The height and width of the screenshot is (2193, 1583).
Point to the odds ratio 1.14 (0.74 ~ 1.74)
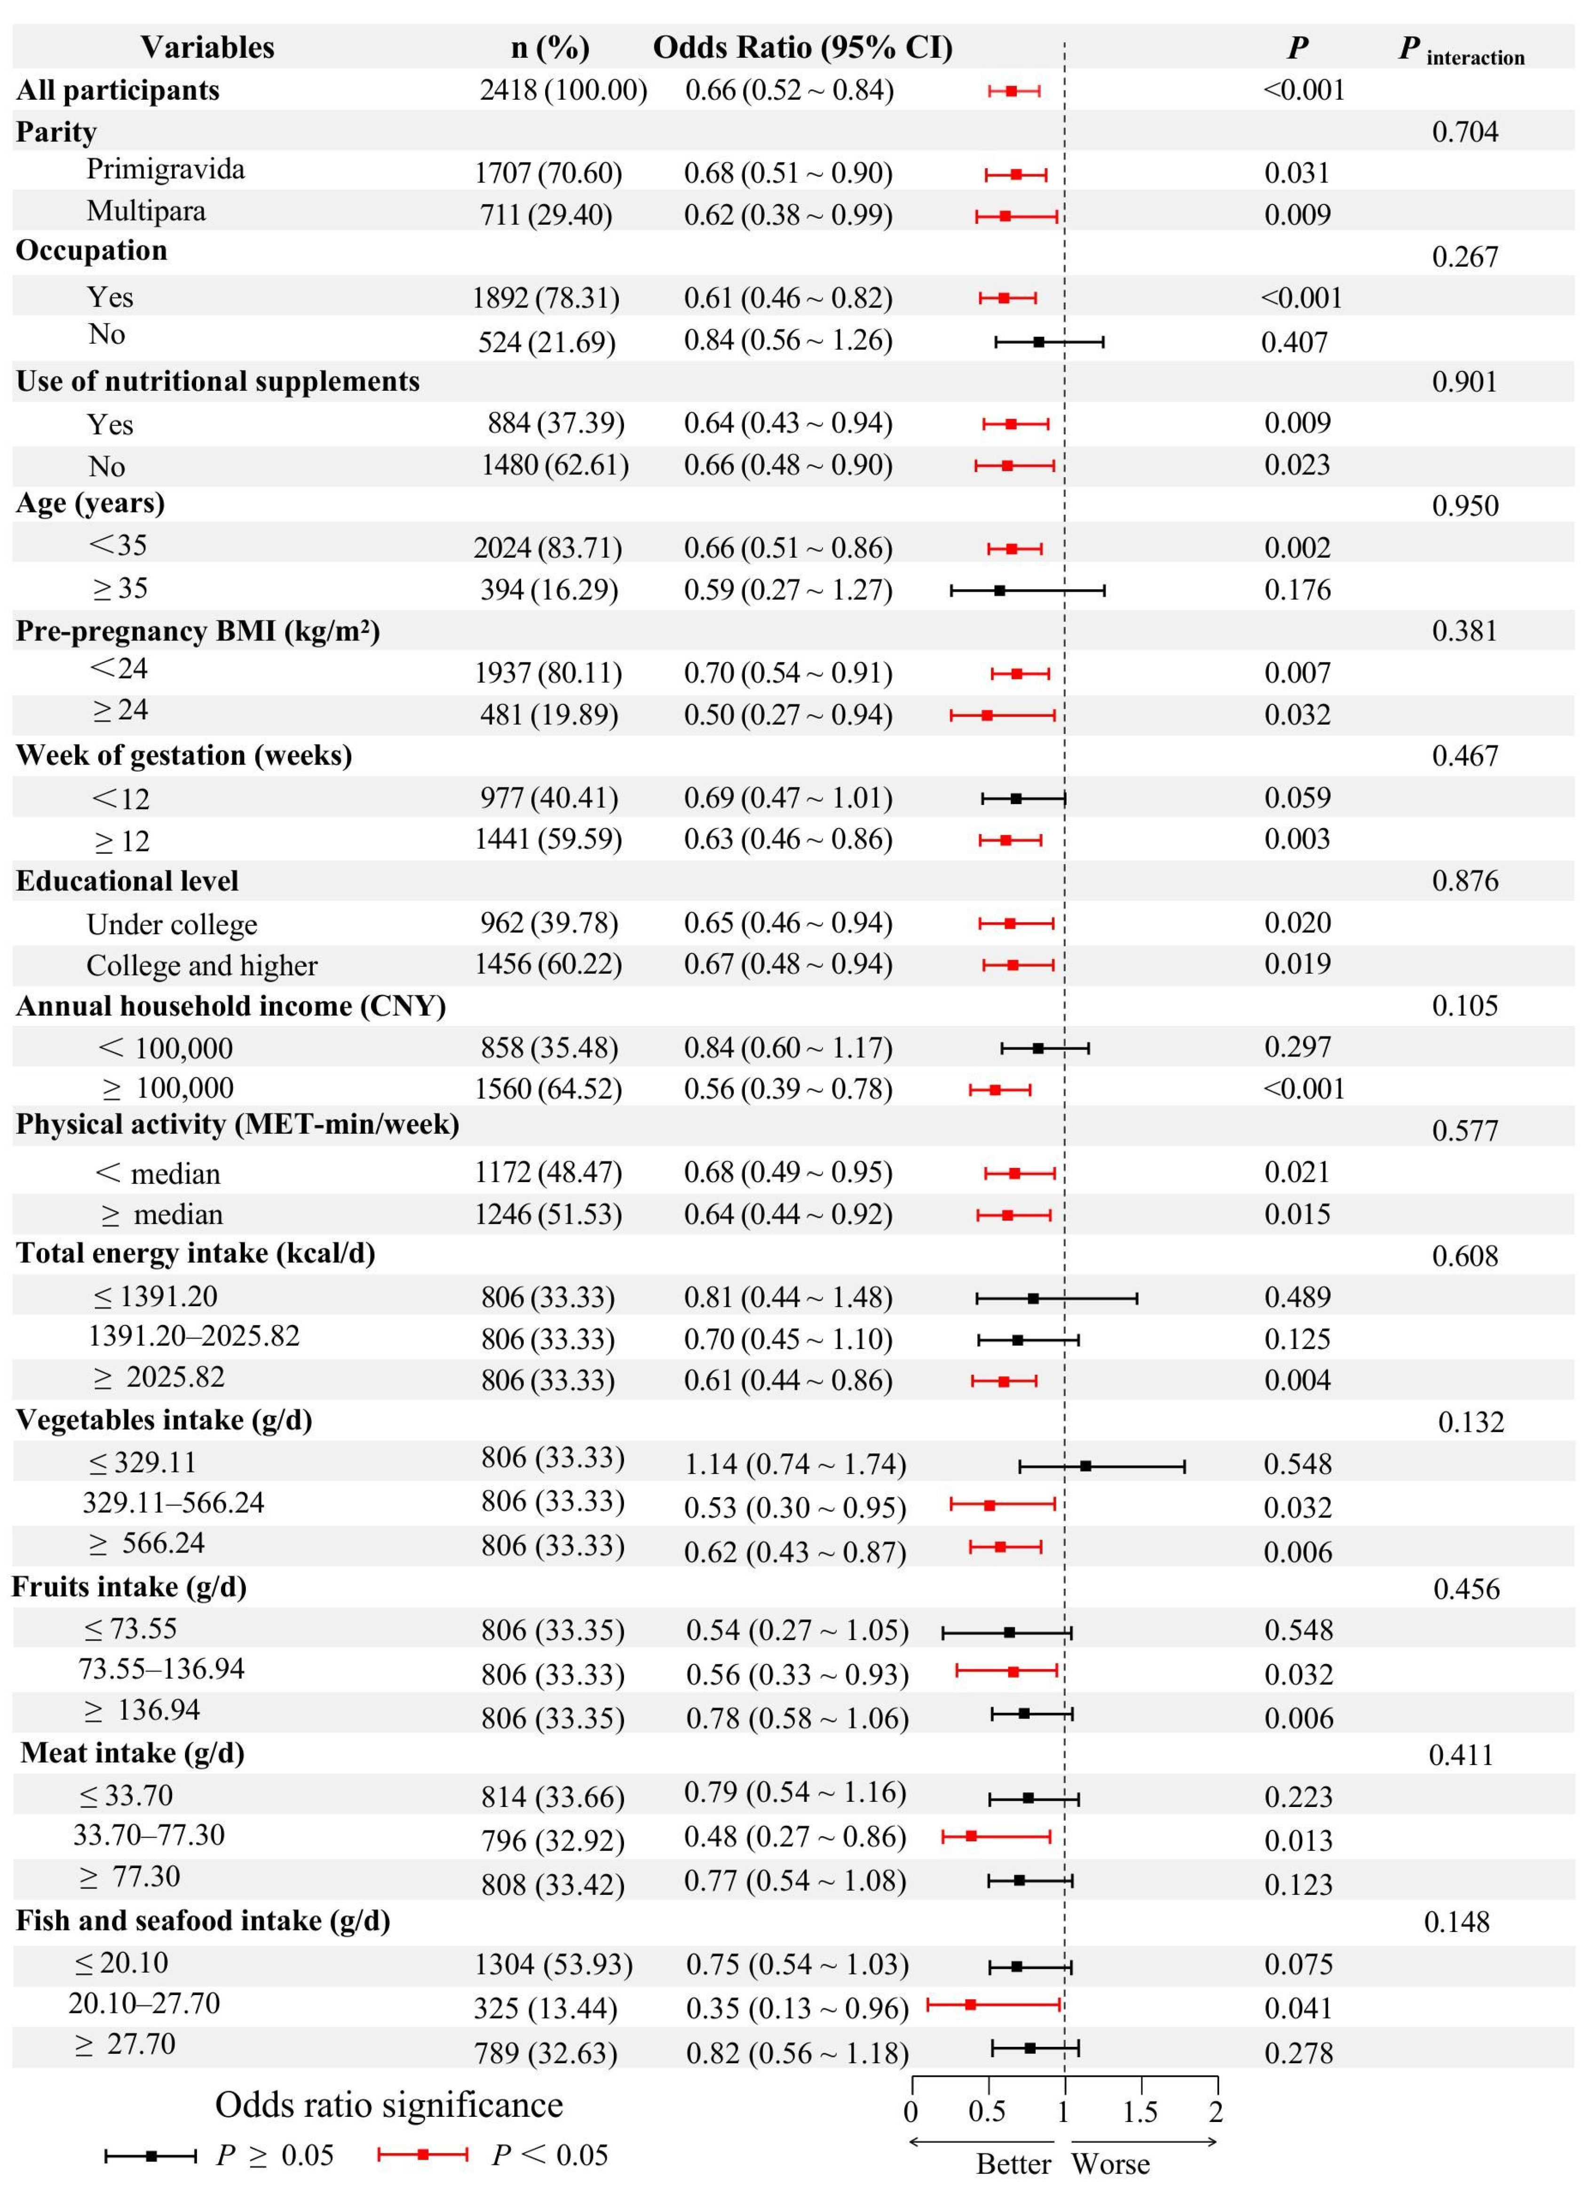[795, 1464]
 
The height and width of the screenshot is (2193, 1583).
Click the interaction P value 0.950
[1465, 506]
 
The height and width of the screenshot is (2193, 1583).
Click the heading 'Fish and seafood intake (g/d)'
[203, 1920]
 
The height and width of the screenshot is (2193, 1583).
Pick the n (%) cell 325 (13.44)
[546, 2008]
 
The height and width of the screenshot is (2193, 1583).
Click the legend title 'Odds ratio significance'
[389, 2105]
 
